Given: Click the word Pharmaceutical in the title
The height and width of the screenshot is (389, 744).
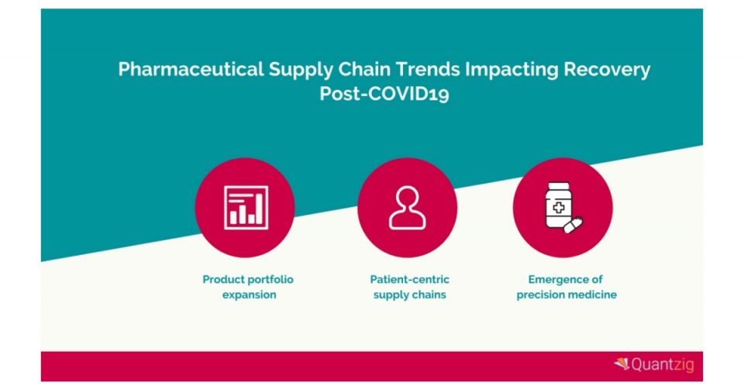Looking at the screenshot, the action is [191, 69].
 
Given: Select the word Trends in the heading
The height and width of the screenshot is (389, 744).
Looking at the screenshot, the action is [428, 69].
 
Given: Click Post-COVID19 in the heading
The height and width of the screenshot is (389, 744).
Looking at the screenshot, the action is [384, 94].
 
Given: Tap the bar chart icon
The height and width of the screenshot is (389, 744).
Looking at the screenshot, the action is [246, 208].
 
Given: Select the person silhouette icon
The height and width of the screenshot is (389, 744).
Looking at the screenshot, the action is [407, 208].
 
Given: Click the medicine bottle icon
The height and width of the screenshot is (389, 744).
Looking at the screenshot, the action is [559, 205].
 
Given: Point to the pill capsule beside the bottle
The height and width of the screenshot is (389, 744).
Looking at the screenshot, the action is [573, 225].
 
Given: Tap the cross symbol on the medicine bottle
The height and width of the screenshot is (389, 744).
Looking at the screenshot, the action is [559, 208].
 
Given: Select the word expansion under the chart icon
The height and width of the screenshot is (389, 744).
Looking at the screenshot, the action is [249, 295].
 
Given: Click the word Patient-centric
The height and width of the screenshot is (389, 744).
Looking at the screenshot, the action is [409, 280].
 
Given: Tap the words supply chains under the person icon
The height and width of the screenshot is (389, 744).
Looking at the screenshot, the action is [409, 295].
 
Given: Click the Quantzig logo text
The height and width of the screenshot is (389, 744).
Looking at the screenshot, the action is [663, 365].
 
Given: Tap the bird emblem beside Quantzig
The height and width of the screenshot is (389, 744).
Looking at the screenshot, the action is [622, 364].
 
